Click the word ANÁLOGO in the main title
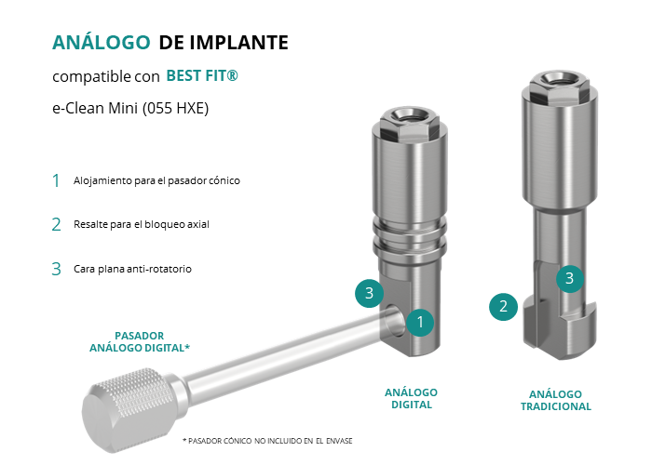(101, 42)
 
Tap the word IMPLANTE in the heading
(239, 43)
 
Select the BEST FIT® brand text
(202, 75)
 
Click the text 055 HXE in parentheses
(176, 108)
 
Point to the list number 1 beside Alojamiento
(56, 180)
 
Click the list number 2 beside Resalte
(56, 225)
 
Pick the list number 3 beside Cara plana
(56, 269)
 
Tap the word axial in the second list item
(198, 224)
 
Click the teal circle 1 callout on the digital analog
(420, 322)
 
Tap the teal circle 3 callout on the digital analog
(369, 293)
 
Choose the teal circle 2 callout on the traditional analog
(503, 307)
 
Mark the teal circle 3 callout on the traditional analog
(570, 278)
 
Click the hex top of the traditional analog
(559, 86)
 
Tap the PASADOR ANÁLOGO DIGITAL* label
(140, 341)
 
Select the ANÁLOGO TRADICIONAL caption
(556, 400)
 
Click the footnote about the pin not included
(267, 441)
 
